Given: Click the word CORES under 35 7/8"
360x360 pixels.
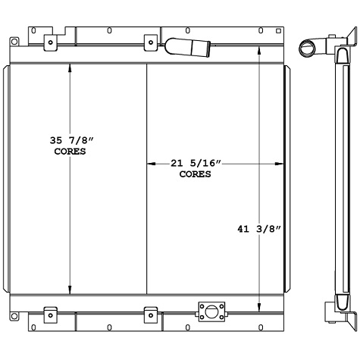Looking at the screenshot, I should (x=70, y=151).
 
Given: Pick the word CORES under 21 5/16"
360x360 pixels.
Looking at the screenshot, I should (x=195, y=174).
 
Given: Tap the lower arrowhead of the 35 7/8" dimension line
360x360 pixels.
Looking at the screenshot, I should (x=70, y=290).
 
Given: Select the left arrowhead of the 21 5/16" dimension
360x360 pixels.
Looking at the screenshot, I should (x=150, y=163).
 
